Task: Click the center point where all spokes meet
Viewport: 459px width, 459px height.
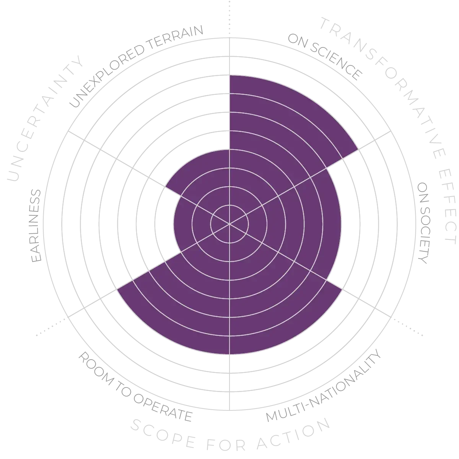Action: pos(229,224)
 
